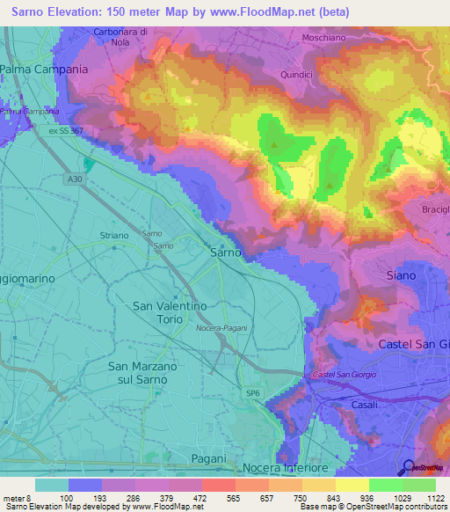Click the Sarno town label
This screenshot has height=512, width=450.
pos(226,252)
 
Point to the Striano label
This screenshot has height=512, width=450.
pos(114,236)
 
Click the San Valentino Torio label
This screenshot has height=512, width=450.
pos(169,312)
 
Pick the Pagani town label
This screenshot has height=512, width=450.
pos(208,459)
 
